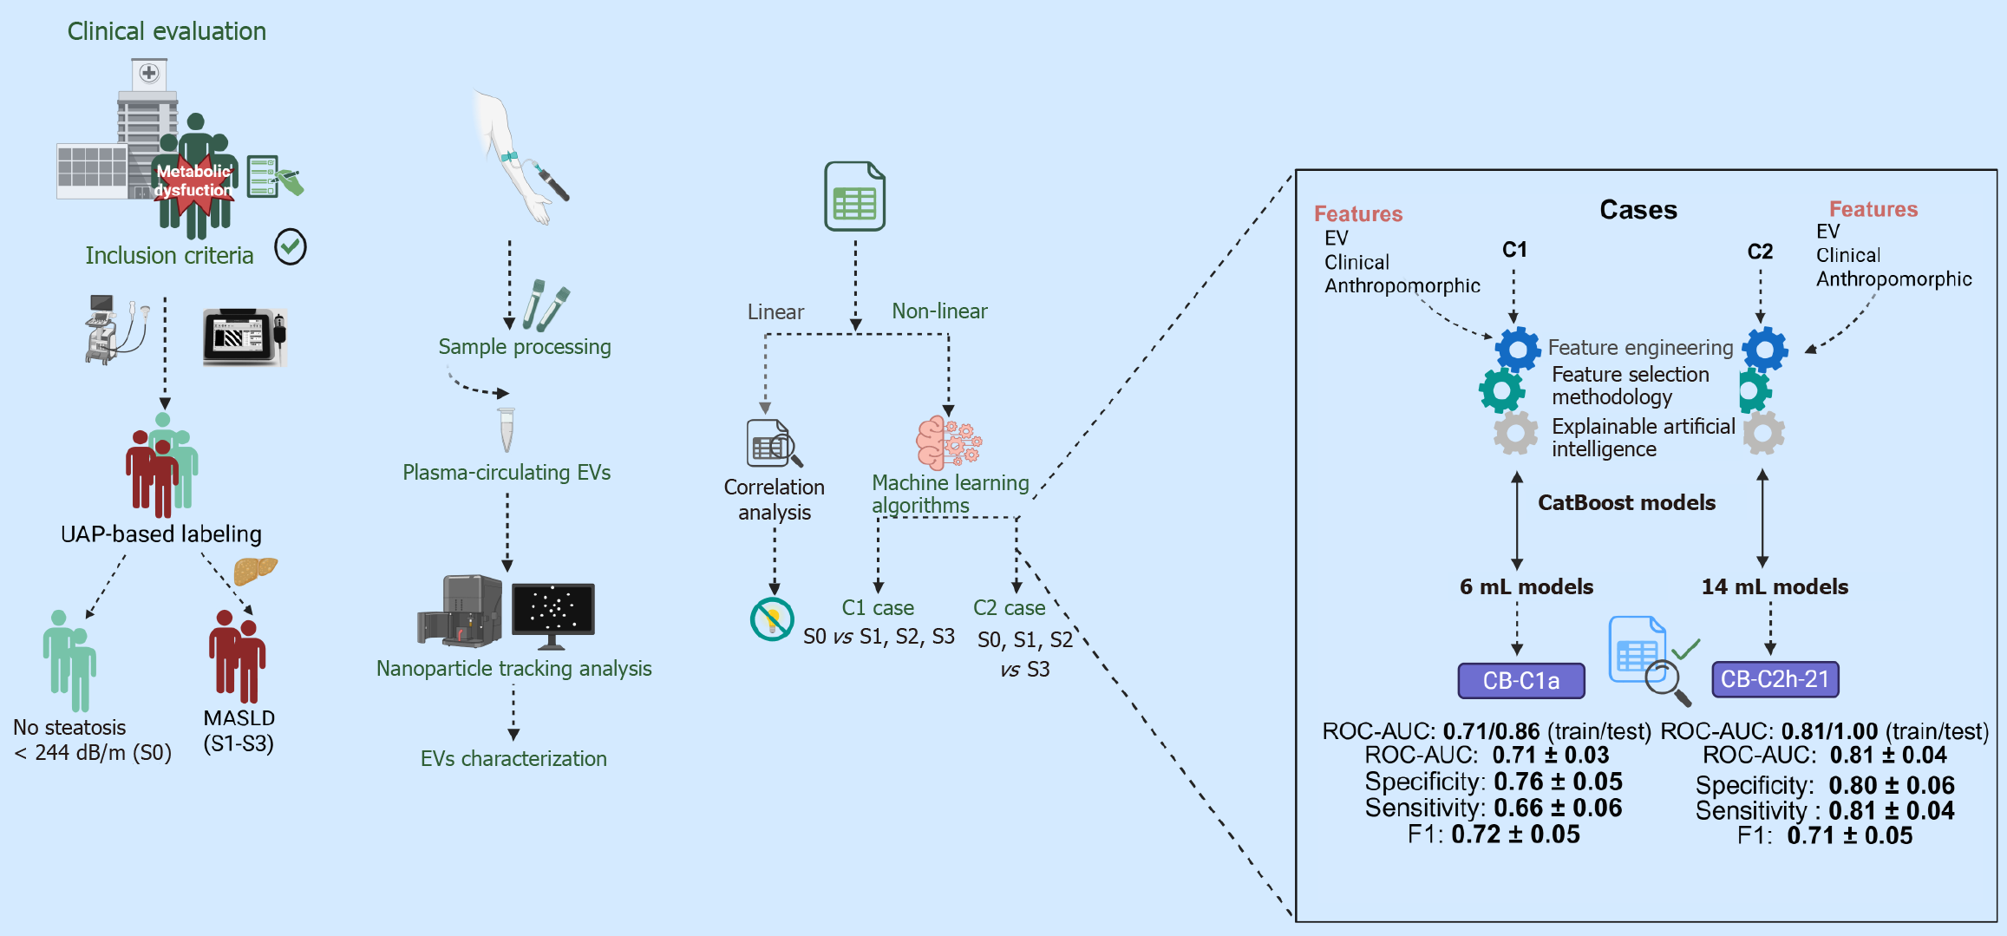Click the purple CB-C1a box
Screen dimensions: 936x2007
(1520, 681)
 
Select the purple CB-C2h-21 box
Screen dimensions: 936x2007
(1775, 679)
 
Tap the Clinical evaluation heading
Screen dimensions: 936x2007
(167, 31)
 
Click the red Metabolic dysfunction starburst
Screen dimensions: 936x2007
(193, 184)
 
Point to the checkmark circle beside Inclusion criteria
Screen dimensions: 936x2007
(291, 247)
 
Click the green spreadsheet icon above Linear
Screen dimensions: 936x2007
(854, 196)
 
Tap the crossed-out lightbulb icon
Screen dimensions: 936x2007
(771, 619)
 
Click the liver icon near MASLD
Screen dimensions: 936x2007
(255, 570)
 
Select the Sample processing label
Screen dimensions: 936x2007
(524, 347)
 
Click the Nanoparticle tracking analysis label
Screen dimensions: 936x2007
(513, 669)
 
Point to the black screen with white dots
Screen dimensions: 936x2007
(552, 609)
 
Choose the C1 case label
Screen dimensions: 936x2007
(878, 608)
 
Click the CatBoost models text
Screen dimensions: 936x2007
(1626, 503)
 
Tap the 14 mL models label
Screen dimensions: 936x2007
(1775, 587)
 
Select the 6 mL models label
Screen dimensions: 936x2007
(1526, 587)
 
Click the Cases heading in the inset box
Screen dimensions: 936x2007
(1638, 210)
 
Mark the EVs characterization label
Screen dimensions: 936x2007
(513, 759)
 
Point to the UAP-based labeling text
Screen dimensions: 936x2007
(161, 534)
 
